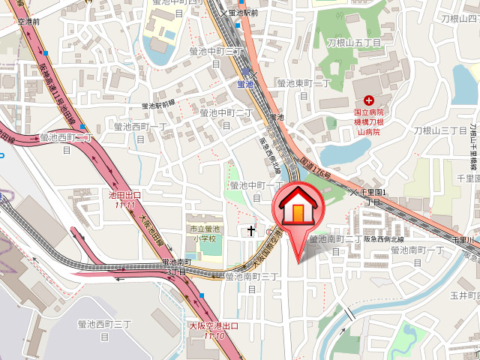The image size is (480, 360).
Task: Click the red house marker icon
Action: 298,209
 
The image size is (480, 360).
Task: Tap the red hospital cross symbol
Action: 368,100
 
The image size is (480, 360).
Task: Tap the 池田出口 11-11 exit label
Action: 124,199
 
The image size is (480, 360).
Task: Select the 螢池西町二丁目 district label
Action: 66,142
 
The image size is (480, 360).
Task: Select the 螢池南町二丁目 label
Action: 334,244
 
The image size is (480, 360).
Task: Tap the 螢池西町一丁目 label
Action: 139,133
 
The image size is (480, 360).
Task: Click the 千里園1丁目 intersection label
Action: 373,197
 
